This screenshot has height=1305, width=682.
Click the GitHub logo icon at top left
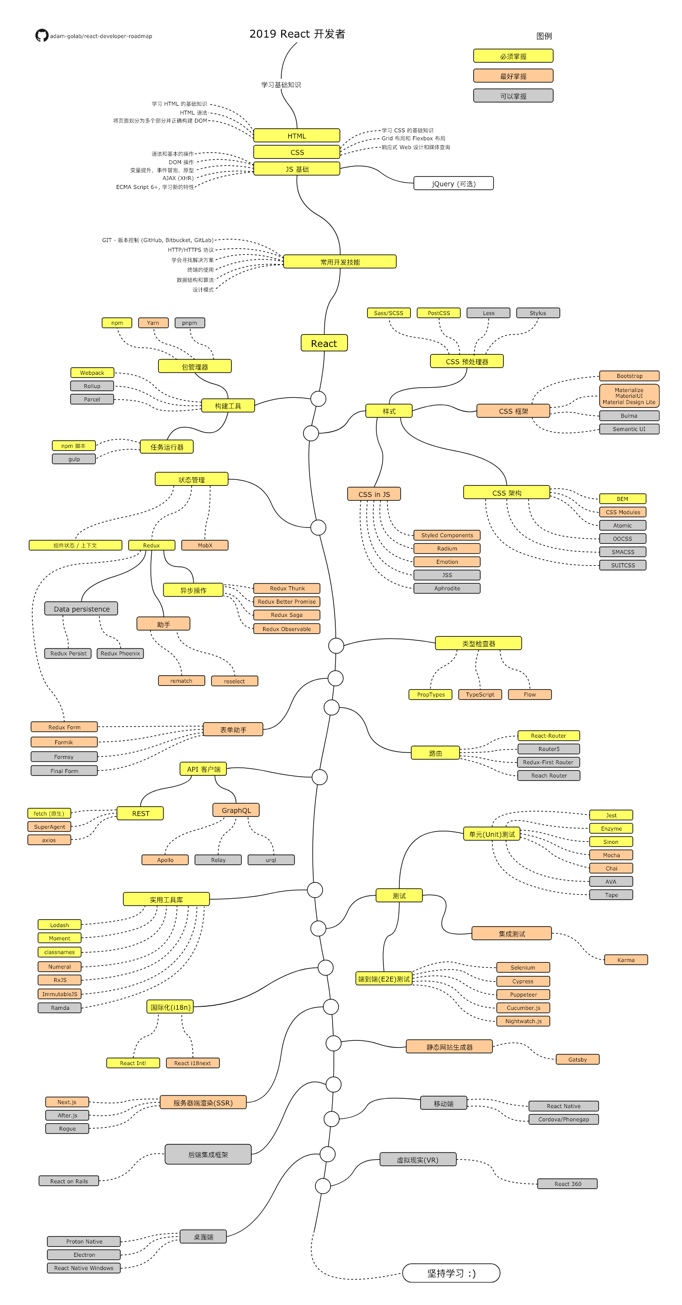(x=42, y=35)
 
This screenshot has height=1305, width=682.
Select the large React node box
(x=324, y=343)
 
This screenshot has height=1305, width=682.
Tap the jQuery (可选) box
(x=453, y=183)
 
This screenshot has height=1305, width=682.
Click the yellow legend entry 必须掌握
(x=513, y=56)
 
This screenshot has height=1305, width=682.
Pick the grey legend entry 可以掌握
(x=513, y=96)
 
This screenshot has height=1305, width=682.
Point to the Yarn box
(x=153, y=323)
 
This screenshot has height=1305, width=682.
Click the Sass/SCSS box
(x=388, y=312)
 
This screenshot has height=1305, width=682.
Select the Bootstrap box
(x=629, y=375)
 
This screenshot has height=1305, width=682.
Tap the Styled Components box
(x=447, y=535)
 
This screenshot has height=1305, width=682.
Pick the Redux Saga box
(x=287, y=615)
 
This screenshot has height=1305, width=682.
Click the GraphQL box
(x=236, y=810)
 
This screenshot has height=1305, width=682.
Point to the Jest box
(x=611, y=815)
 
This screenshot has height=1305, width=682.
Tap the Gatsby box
(x=577, y=1059)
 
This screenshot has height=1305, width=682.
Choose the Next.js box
(x=67, y=1102)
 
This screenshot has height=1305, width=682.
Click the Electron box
(x=84, y=1255)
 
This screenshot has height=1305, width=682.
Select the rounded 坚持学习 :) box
(x=451, y=1273)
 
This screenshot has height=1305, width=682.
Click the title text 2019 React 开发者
(x=297, y=34)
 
